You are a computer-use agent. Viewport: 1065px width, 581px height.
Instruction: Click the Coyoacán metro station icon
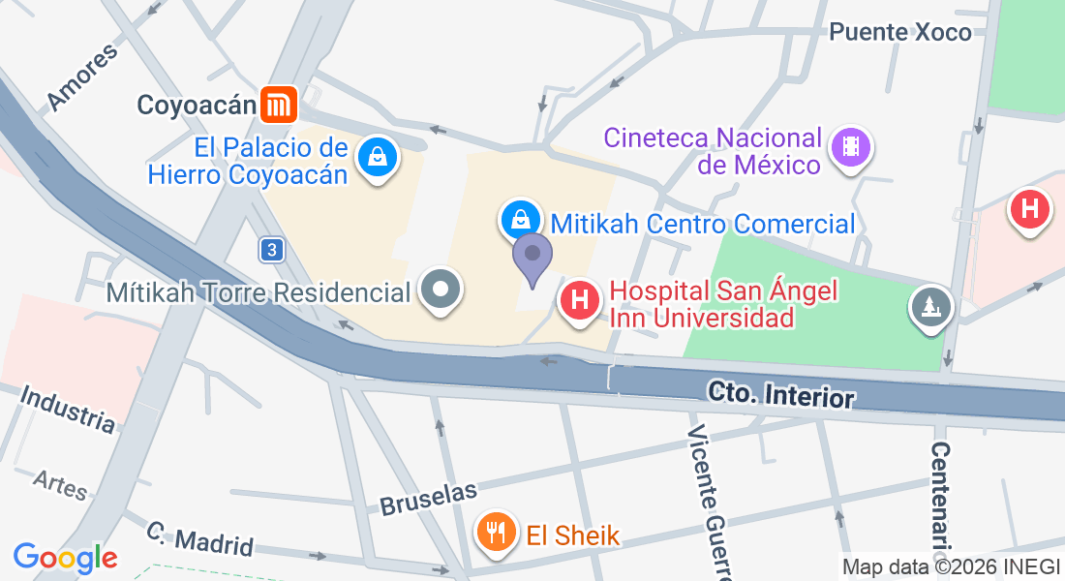click(279, 105)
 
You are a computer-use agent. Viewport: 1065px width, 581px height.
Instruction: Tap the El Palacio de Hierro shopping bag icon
click(373, 157)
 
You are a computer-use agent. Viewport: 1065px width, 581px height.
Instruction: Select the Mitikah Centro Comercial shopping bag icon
click(520, 218)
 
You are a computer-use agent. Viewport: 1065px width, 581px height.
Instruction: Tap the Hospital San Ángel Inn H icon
click(579, 299)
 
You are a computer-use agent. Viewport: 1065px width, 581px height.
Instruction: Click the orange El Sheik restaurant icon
click(496, 531)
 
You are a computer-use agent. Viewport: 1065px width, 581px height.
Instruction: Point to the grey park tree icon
click(931, 307)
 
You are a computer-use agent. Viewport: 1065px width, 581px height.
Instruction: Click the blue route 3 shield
click(273, 250)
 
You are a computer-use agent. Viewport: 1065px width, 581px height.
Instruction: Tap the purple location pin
click(532, 257)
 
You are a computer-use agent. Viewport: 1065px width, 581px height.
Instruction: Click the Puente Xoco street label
click(900, 32)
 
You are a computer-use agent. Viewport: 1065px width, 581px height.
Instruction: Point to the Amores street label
click(82, 76)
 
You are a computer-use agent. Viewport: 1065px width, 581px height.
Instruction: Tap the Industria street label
click(68, 409)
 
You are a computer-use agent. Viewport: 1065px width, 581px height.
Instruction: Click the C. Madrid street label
click(200, 538)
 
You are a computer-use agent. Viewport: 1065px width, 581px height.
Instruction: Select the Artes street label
click(60, 484)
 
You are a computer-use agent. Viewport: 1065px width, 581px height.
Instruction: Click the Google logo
click(65, 558)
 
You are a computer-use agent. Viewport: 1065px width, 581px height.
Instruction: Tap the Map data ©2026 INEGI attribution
click(951, 567)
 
